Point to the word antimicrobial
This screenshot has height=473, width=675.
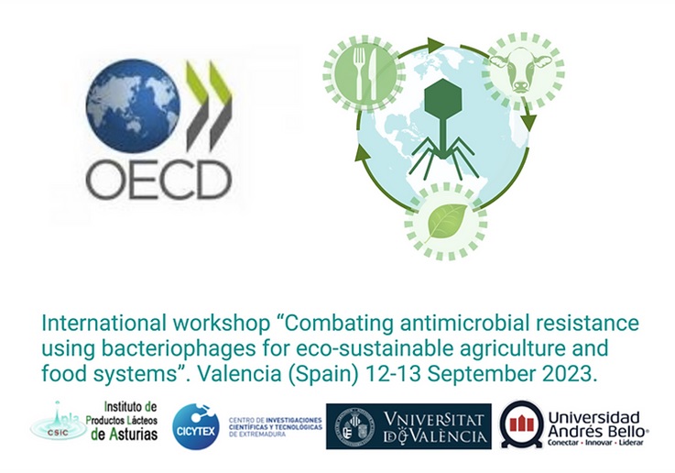443,325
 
